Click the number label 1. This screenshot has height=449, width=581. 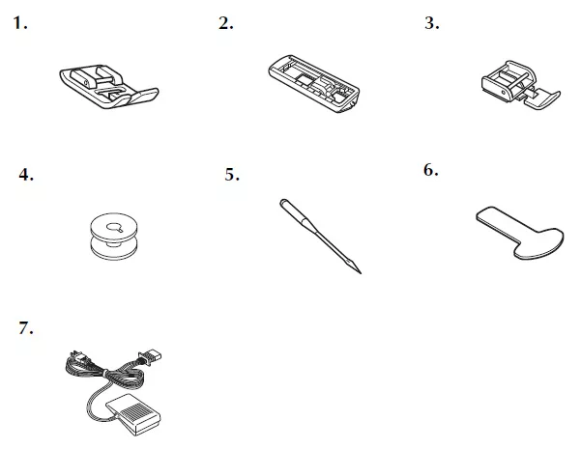coord(20,23)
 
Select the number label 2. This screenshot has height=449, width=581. coord(225,23)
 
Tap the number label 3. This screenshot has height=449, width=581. coord(432,23)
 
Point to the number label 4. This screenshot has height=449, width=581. coord(26,175)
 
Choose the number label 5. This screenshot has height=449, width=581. coord(232,175)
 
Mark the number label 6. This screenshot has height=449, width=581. coord(431,170)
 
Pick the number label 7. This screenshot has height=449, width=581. coord(26,328)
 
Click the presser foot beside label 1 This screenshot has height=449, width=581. coord(108,87)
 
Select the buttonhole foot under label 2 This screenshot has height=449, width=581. coord(314,84)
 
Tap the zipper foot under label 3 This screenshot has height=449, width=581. coord(521,85)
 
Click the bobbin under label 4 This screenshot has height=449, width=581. coord(114,236)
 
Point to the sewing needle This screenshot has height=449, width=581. coord(321,237)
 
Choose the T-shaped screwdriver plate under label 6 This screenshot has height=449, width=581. coord(520,233)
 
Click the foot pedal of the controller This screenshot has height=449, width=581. coord(133,414)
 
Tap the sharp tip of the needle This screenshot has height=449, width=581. coord(361,273)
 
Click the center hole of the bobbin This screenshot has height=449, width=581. coord(114,228)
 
